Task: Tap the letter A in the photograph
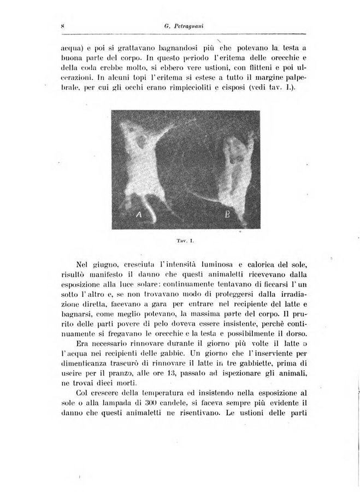click(139, 215)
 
